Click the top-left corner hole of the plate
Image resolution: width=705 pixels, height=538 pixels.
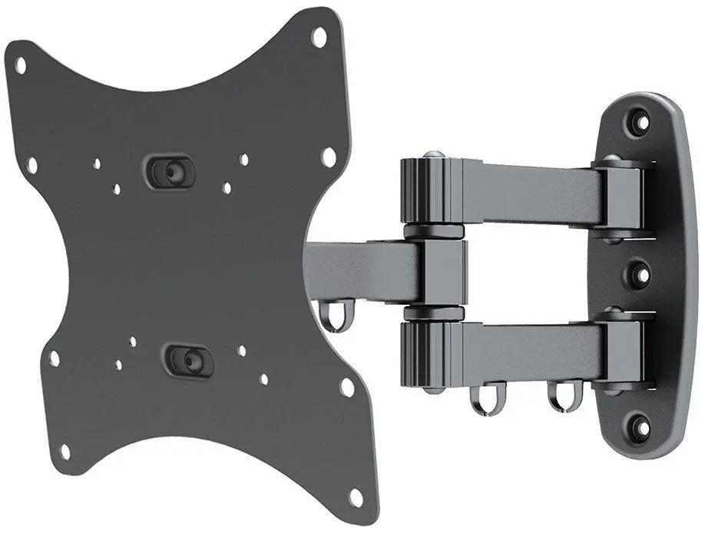point(21,66)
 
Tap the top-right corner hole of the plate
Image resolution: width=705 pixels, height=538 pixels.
point(319,35)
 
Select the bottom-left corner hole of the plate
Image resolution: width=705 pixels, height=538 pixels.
point(65,451)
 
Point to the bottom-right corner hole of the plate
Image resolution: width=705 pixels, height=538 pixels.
point(356,497)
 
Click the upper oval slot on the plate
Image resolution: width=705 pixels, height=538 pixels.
point(170,170)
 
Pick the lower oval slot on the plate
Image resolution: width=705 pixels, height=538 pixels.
point(188,359)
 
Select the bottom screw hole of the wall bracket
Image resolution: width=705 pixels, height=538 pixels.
point(639,423)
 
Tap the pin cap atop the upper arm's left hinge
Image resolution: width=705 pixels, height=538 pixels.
point(432,156)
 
